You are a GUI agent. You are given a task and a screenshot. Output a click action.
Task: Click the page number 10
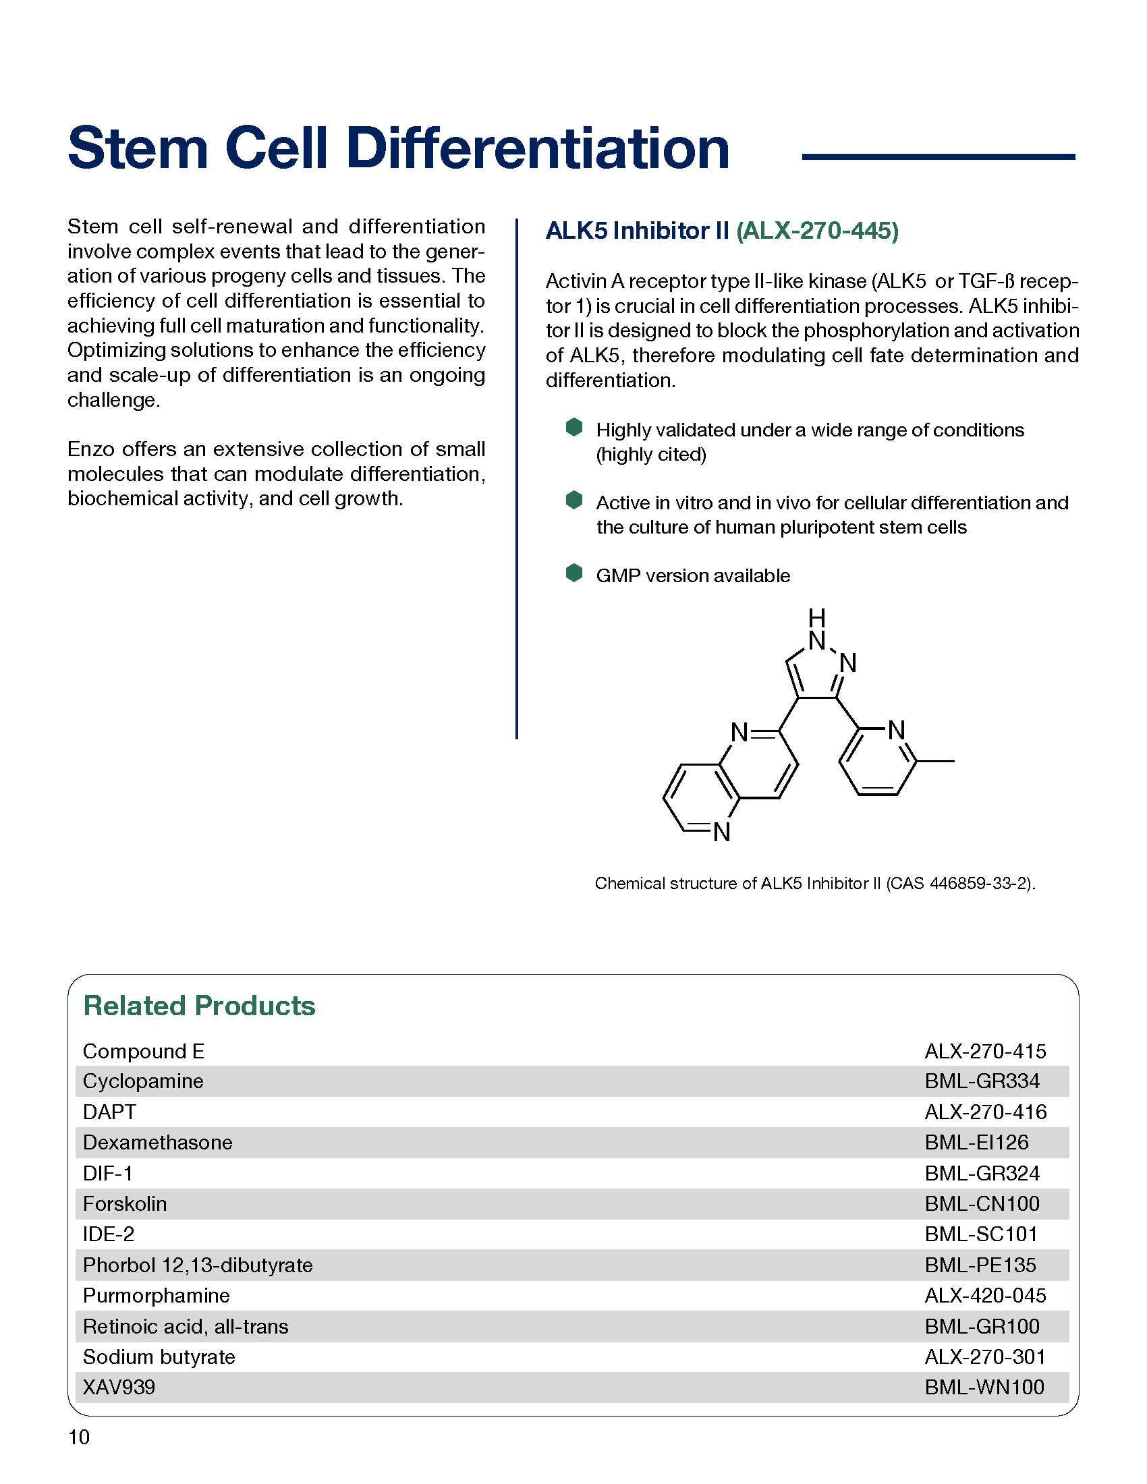pyautogui.click(x=79, y=1437)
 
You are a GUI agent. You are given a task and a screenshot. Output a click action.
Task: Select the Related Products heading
pyautogui.click(x=199, y=1006)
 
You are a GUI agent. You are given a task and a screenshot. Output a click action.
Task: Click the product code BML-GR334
pyautogui.click(x=982, y=1081)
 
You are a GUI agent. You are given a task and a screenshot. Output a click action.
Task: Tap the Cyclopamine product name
pyautogui.click(x=142, y=1081)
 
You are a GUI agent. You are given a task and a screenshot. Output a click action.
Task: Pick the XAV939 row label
pyautogui.click(x=119, y=1387)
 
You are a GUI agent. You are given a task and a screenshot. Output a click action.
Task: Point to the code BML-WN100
pyautogui.click(x=984, y=1387)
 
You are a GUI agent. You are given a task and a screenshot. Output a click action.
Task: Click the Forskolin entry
pyautogui.click(x=124, y=1203)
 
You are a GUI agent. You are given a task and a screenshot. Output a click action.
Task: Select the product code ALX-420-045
pyautogui.click(x=985, y=1295)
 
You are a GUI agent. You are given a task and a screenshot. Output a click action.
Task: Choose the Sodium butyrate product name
pyautogui.click(x=159, y=1357)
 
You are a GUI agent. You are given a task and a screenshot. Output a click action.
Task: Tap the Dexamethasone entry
pyautogui.click(x=158, y=1142)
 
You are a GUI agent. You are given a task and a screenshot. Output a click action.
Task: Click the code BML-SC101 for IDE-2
pyautogui.click(x=980, y=1234)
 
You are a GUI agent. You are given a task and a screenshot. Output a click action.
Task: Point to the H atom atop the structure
pyautogui.click(x=817, y=618)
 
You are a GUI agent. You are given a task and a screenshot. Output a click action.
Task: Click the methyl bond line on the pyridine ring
pyautogui.click(x=935, y=761)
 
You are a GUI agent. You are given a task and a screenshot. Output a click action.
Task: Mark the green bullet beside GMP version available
pyautogui.click(x=574, y=573)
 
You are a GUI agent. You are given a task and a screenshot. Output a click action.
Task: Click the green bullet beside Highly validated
pyautogui.click(x=574, y=427)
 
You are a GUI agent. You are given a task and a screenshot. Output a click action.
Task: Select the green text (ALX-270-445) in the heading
pyautogui.click(x=818, y=231)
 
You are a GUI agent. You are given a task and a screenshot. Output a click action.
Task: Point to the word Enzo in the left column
pyautogui.click(x=91, y=449)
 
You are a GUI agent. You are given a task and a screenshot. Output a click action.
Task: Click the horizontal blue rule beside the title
pyautogui.click(x=939, y=157)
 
